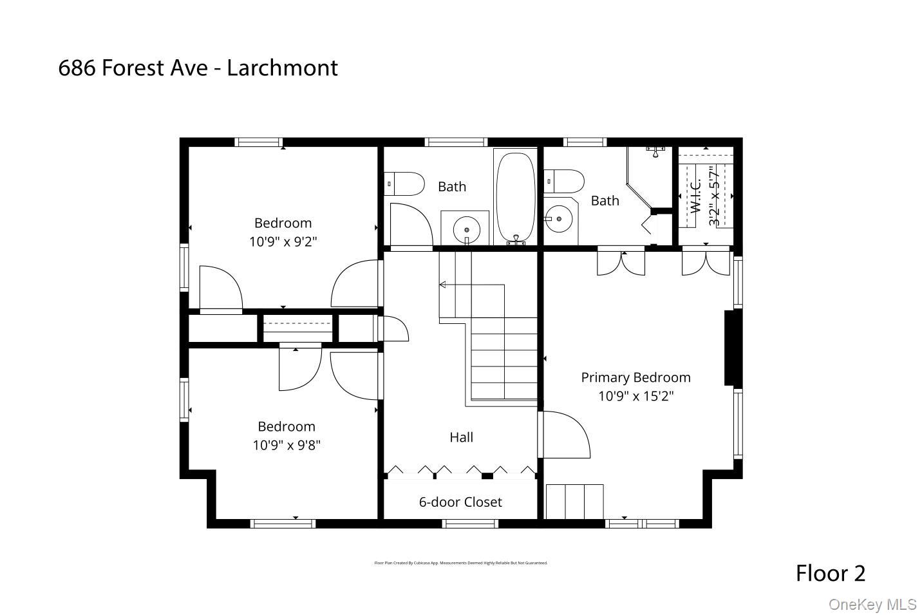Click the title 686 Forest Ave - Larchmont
point(198,68)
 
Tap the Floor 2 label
point(830,572)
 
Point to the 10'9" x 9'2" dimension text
point(283,241)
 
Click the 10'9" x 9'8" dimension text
point(286,445)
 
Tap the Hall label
point(461,437)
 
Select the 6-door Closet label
point(460,502)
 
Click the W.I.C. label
point(695,196)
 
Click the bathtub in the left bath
point(515,196)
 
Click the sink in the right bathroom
point(558,220)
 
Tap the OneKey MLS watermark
point(872,604)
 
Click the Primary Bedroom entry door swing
point(565,435)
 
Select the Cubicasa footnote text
point(460,563)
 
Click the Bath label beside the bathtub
point(451,187)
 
